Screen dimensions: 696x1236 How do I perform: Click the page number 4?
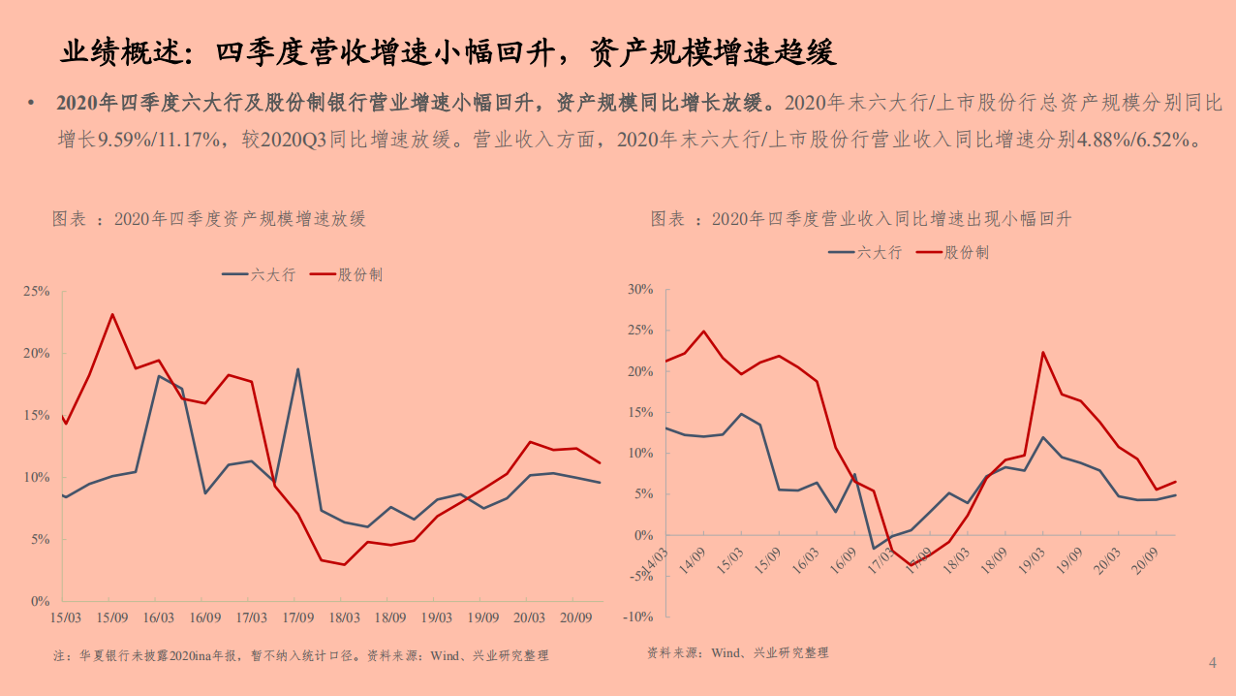pyautogui.click(x=1212, y=663)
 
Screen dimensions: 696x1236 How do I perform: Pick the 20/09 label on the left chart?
pyautogui.click(x=575, y=617)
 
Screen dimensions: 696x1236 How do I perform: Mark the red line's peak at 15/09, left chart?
pyautogui.click(x=112, y=314)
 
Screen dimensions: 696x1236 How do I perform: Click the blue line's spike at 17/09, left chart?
pyautogui.click(x=297, y=368)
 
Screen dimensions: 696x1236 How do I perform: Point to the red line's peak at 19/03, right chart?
pyautogui.click(x=1042, y=352)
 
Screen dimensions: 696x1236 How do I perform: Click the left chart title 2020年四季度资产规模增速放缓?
pyautogui.click(x=239, y=219)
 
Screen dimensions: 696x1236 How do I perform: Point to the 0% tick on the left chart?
pyautogui.click(x=41, y=602)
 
